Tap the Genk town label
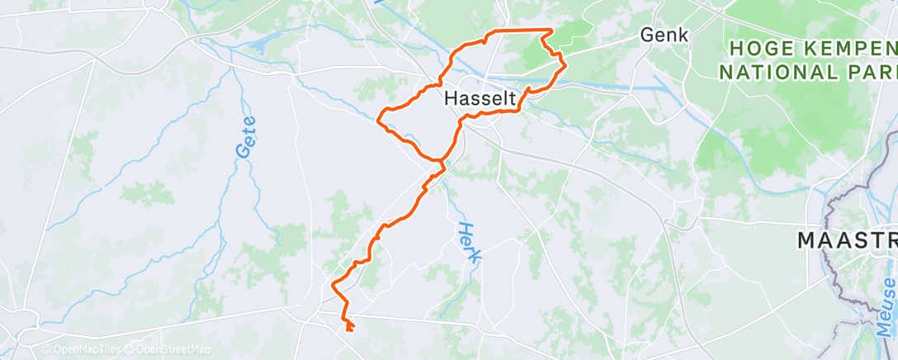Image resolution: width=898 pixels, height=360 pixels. (664, 36)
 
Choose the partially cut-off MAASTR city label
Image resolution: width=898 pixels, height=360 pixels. (846, 241)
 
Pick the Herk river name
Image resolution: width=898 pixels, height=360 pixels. (469, 244)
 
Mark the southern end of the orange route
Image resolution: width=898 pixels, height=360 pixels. (351, 330)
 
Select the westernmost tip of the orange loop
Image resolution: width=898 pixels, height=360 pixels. (379, 121)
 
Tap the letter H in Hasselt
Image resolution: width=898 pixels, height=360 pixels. (451, 98)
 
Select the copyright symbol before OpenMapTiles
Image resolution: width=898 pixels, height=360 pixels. (46, 350)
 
